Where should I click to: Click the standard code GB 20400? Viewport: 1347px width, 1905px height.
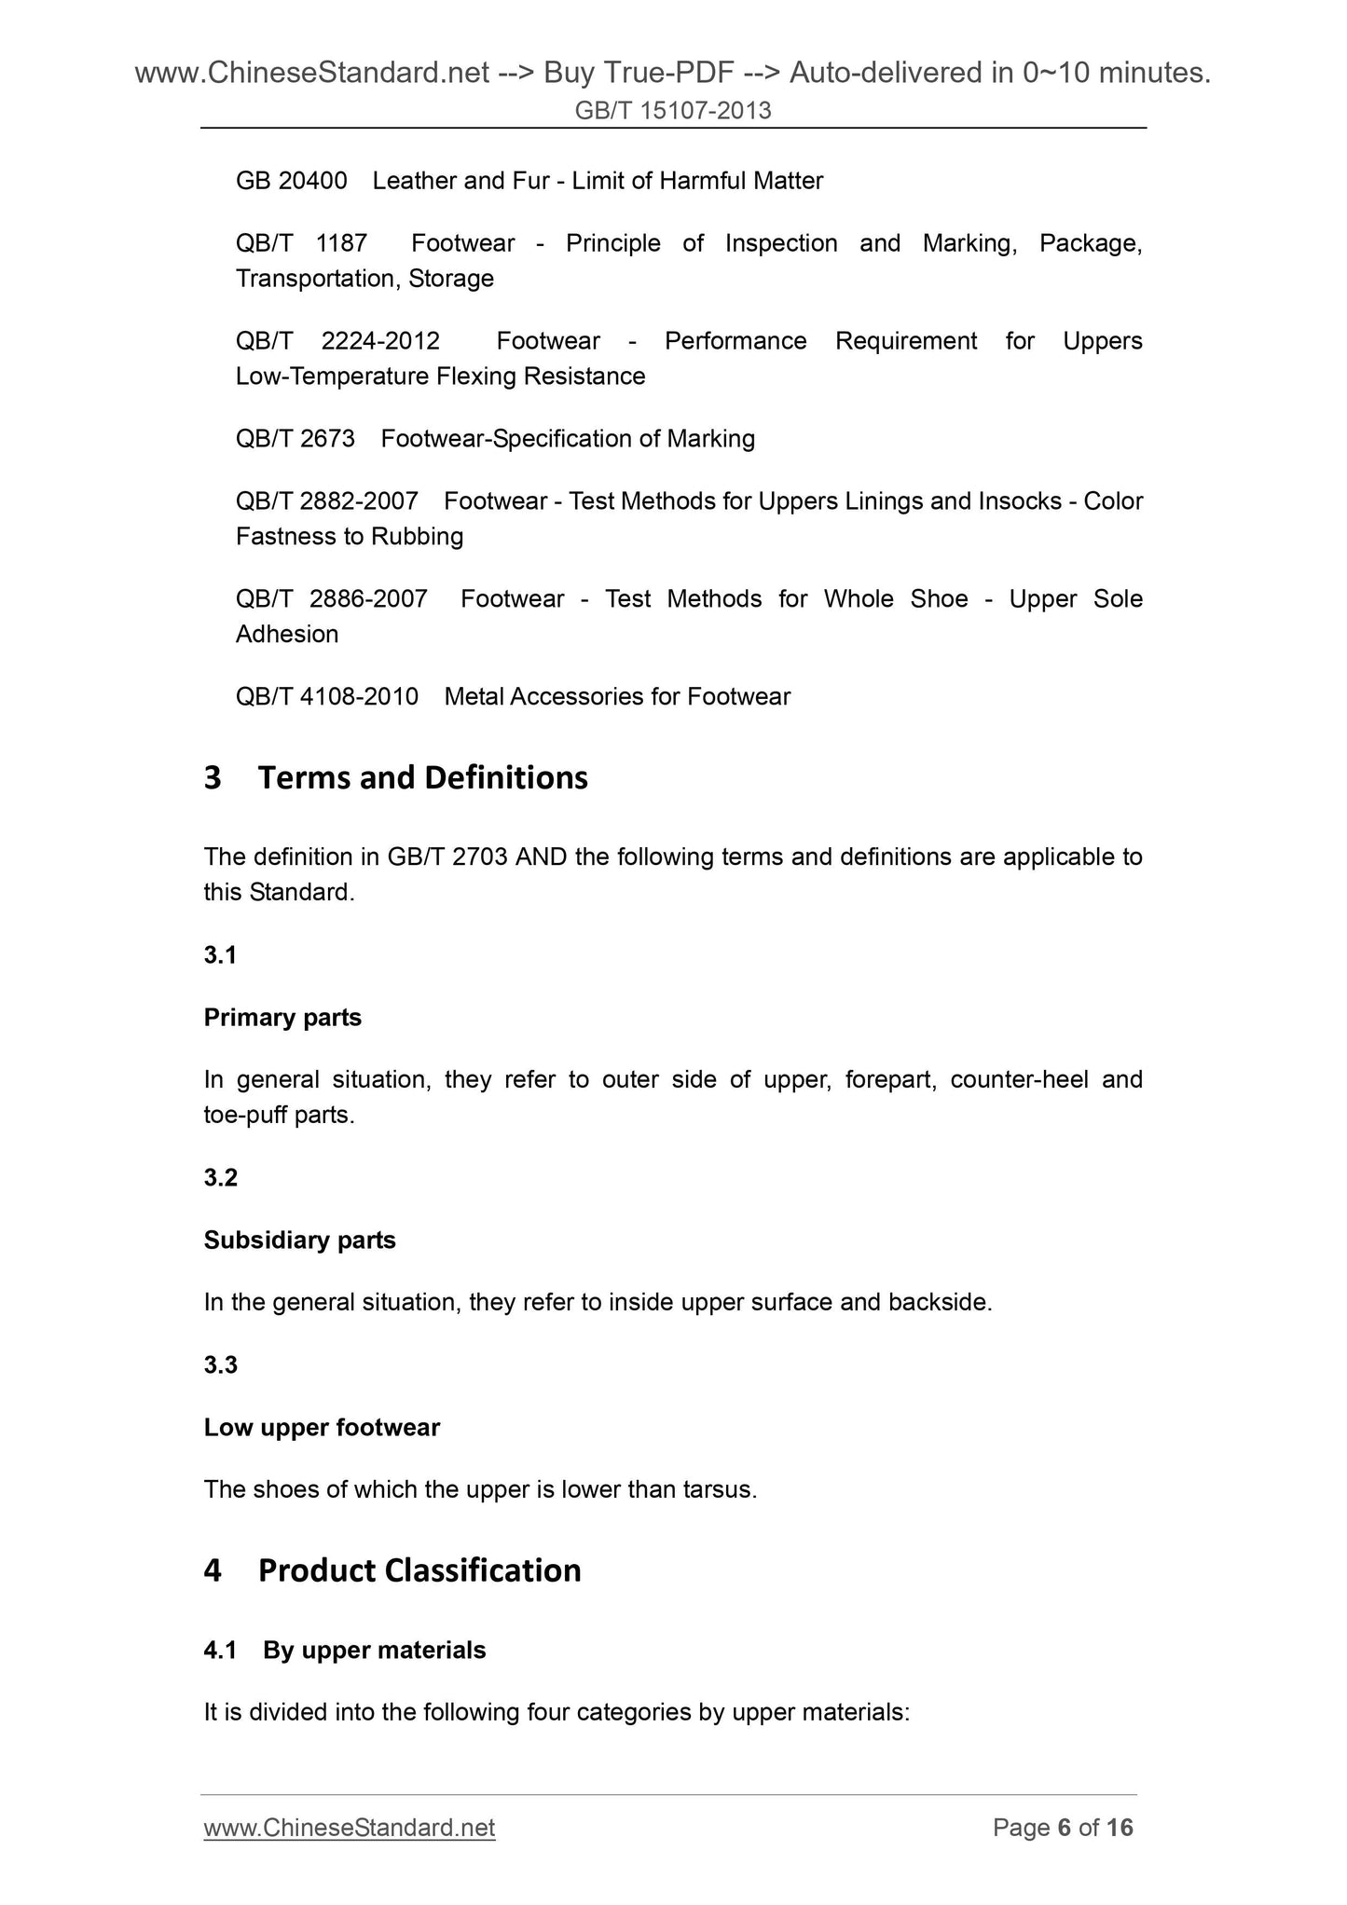click(x=291, y=181)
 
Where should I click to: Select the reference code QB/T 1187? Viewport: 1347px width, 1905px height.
click(x=301, y=243)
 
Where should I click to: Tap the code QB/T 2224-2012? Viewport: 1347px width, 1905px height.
click(x=337, y=341)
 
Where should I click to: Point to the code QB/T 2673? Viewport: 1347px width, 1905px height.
click(x=296, y=439)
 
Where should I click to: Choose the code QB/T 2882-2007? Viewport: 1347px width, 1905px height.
click(x=326, y=501)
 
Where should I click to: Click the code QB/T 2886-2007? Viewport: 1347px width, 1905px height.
click(x=331, y=598)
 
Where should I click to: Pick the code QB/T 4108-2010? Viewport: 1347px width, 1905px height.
click(x=326, y=696)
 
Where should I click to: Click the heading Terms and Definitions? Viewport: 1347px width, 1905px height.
click(x=422, y=777)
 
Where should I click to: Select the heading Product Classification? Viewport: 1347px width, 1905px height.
click(x=419, y=1570)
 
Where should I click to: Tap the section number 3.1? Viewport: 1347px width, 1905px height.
click(x=220, y=955)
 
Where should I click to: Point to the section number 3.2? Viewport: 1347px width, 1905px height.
click(x=221, y=1178)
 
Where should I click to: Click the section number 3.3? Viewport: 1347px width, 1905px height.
click(x=221, y=1365)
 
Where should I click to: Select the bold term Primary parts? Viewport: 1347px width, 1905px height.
click(x=282, y=1018)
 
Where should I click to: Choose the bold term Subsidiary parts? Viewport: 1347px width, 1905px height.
click(x=299, y=1240)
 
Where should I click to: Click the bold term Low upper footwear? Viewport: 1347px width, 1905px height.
click(x=322, y=1428)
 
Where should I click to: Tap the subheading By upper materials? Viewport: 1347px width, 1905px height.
click(x=374, y=1651)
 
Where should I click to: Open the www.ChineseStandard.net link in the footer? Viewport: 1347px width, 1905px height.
click(x=350, y=1828)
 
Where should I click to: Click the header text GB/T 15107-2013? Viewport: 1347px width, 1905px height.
click(x=673, y=111)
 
